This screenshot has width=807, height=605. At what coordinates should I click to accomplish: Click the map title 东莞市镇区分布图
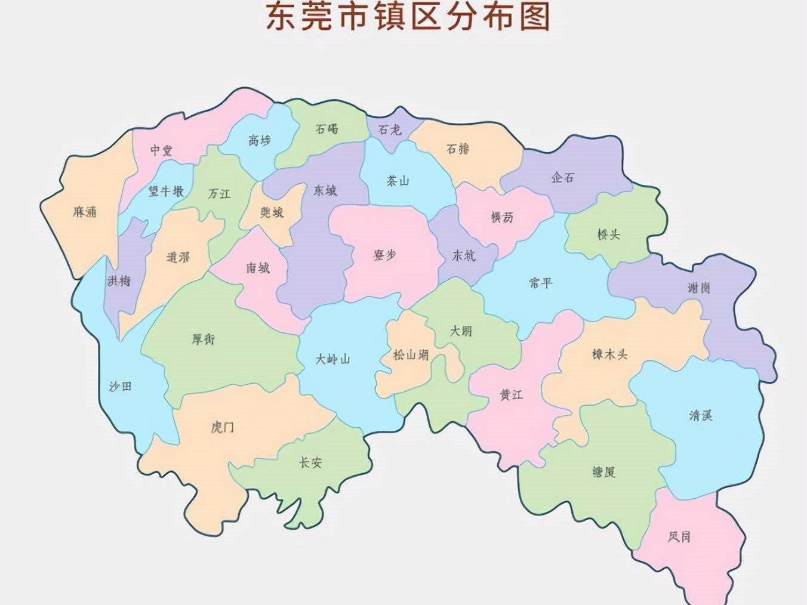408,17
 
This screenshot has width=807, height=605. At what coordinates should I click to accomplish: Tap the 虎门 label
223,427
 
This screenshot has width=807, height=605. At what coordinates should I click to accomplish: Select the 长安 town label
310,462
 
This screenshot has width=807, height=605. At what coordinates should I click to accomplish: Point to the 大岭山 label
332,359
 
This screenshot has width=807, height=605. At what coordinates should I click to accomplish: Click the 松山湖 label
411,355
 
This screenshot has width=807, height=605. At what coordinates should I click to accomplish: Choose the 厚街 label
203,339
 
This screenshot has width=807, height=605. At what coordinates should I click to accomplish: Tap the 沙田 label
120,387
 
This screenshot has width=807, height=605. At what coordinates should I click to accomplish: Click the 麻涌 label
85,212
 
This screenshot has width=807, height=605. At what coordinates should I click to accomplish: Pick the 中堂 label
161,150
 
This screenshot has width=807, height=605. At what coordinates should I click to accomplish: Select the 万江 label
219,194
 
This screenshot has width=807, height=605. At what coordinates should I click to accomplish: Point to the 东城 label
325,190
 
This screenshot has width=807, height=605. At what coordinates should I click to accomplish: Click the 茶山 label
398,181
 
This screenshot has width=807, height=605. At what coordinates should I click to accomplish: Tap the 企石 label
562,177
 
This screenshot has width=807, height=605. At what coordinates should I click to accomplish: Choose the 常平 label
541,283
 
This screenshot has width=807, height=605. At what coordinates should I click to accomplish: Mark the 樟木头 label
610,354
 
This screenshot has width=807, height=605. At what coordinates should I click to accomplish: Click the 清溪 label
701,415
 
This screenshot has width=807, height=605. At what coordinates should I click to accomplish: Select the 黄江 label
512,395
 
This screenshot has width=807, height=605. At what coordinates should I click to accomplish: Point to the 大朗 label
461,331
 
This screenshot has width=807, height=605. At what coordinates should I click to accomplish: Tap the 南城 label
258,268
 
